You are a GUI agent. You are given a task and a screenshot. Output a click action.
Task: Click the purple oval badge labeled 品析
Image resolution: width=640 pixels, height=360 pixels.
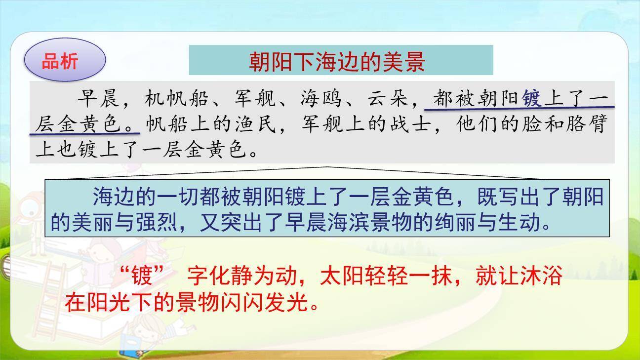tap(65, 61)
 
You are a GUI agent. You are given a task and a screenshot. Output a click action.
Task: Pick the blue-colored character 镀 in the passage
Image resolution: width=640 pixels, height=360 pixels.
tap(531, 99)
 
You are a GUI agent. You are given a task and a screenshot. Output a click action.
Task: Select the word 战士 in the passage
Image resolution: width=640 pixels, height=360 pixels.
tap(409, 124)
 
